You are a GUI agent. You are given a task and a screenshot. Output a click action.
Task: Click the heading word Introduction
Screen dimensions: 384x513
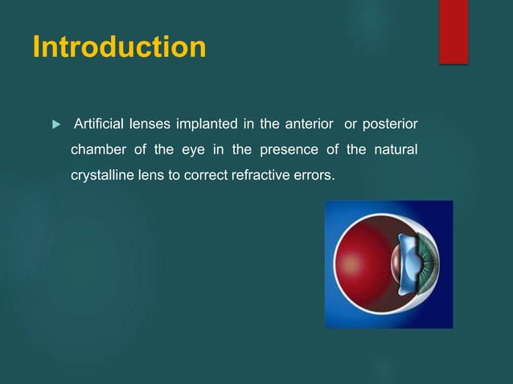coord(119,47)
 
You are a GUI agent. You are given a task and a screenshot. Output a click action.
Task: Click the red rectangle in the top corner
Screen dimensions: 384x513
coord(453,31)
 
